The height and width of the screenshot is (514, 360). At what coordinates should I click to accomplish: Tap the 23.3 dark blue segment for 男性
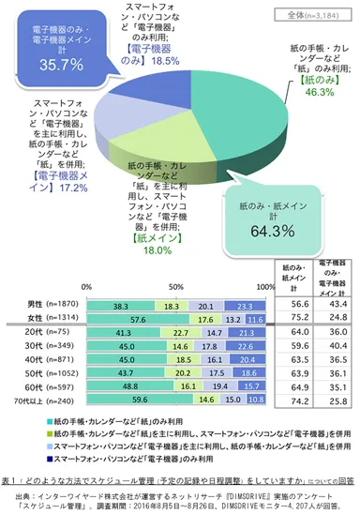[245, 305]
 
